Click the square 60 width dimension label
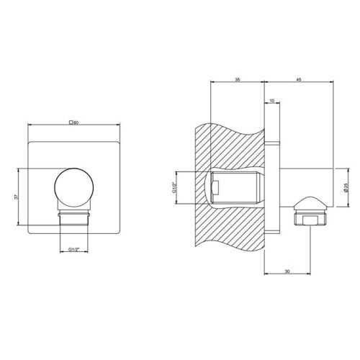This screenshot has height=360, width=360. (x=73, y=123)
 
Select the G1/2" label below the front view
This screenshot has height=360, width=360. (x=73, y=248)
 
